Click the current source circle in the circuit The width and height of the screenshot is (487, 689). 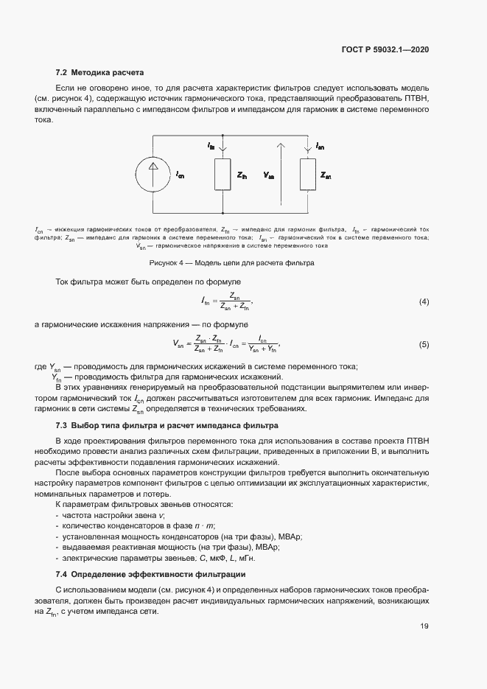click(x=153, y=175)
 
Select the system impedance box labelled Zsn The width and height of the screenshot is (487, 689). click(x=306, y=175)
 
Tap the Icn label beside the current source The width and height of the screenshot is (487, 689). click(x=180, y=175)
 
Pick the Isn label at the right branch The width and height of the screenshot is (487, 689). click(x=320, y=147)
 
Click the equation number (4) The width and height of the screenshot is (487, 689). click(x=424, y=301)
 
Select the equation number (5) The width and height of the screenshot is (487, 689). click(x=424, y=344)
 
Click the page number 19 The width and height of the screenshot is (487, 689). click(x=424, y=626)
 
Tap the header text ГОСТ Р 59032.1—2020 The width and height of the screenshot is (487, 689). click(x=385, y=50)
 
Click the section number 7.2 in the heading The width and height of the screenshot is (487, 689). click(x=62, y=73)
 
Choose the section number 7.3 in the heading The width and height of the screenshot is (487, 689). click(x=62, y=426)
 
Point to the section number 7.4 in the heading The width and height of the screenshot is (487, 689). click(x=62, y=573)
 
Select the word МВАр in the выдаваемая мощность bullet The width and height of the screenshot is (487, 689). click(x=267, y=547)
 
